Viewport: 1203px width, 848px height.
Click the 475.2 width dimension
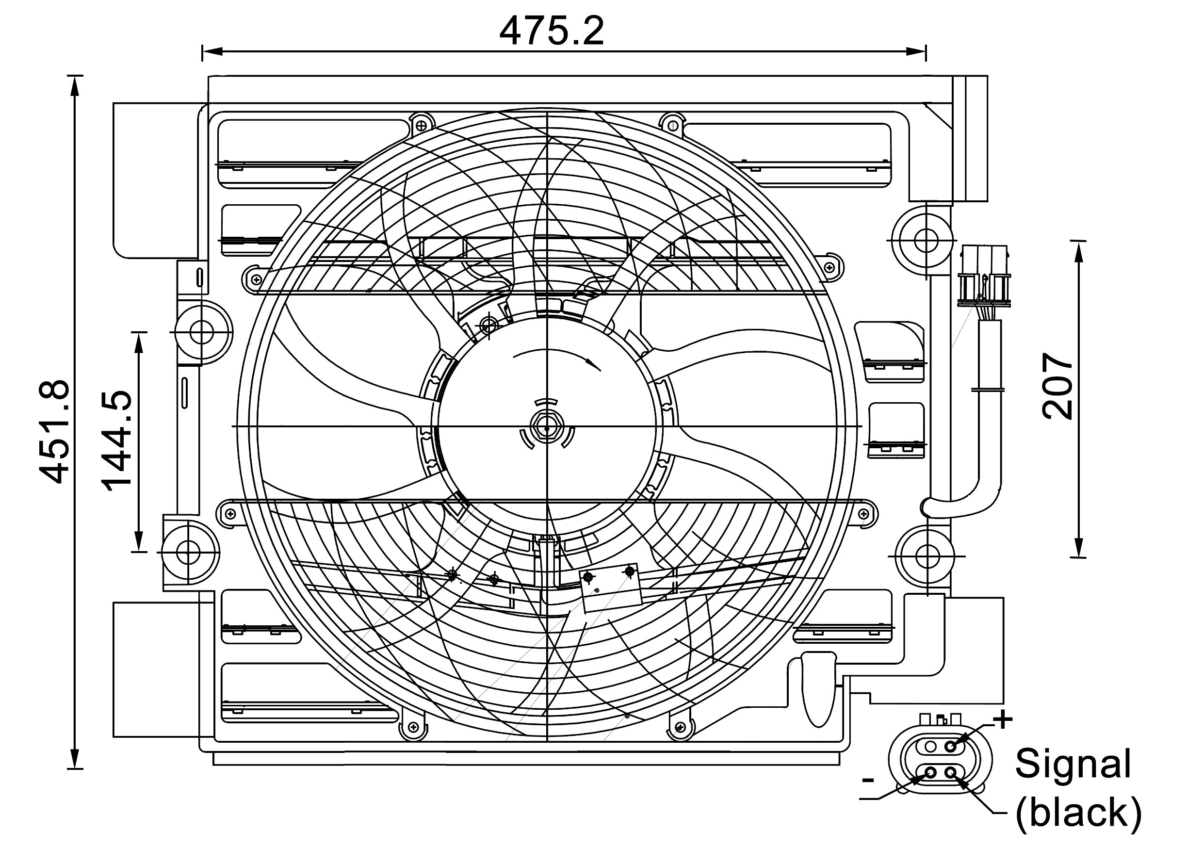551,32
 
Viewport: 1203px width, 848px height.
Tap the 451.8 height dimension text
54,432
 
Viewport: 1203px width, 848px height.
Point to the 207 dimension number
1057,386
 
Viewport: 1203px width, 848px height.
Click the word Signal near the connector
1073,764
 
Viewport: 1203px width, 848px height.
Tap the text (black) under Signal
1078,813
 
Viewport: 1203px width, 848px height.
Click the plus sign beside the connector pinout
1002,719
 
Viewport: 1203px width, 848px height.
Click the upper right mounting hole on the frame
926,240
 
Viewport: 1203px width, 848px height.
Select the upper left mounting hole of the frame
201,332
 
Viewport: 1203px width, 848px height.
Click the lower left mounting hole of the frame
187,552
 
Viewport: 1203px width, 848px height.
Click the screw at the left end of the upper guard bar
256,279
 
